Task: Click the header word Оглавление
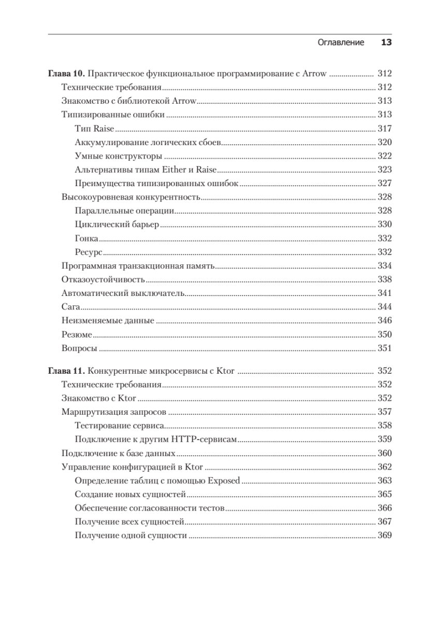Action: click(x=340, y=43)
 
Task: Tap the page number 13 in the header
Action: click(x=386, y=43)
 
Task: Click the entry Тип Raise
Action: click(x=94, y=129)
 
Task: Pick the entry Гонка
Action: click(x=87, y=238)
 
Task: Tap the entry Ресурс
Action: click(x=88, y=252)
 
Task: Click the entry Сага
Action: click(x=69, y=306)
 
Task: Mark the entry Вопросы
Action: click(x=79, y=348)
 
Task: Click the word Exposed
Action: click(x=224, y=480)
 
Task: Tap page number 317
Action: click(x=385, y=129)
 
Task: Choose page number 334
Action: click(x=385, y=265)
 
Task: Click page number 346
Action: click(x=385, y=320)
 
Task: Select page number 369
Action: click(x=385, y=535)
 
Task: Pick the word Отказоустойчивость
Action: click(x=103, y=279)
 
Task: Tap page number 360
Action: click(x=385, y=453)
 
